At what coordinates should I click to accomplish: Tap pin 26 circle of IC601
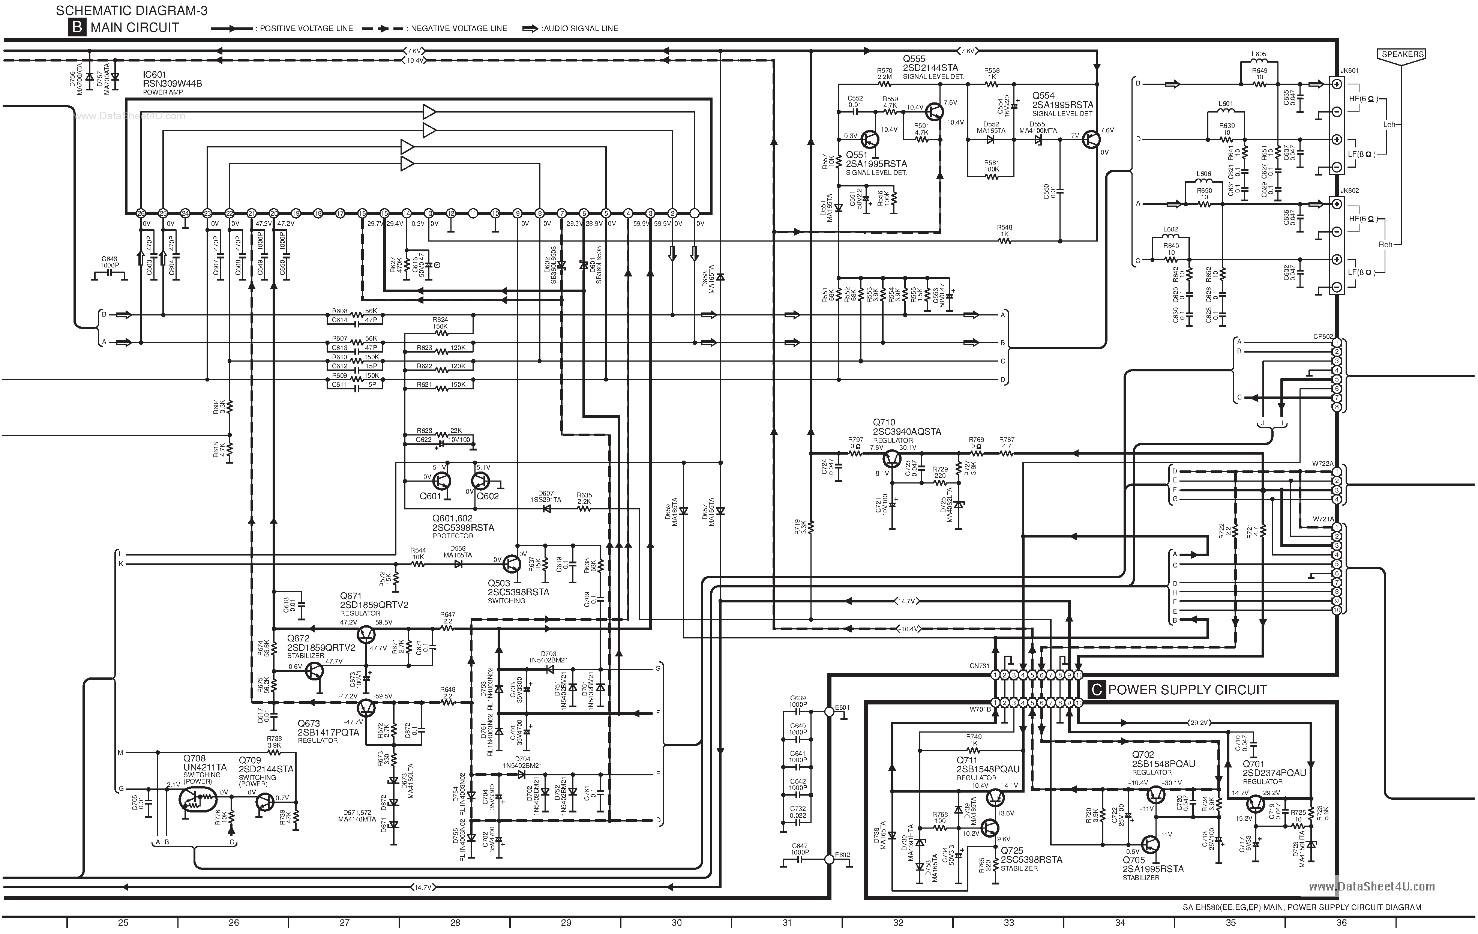coord(141,213)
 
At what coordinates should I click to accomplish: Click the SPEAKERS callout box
coord(1403,54)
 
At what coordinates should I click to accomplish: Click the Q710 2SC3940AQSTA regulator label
coord(906,427)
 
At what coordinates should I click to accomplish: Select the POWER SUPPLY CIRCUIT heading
coord(1187,689)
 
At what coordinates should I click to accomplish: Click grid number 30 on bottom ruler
coord(677,922)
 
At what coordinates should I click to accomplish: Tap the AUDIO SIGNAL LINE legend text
coord(579,28)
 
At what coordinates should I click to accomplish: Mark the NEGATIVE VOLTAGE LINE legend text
coord(459,28)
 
